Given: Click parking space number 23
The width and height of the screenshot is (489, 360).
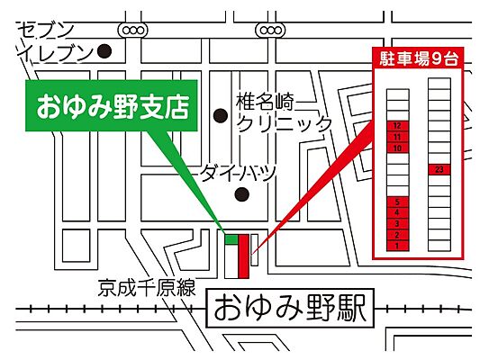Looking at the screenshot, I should pos(439,168).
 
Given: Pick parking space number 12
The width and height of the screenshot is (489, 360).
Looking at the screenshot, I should pos(397,126).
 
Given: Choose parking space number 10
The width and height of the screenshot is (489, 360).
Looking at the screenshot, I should pos(397,147).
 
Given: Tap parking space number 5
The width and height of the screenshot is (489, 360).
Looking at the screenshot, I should pos(397,202).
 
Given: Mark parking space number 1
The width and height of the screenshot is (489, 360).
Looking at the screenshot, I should pos(397,245).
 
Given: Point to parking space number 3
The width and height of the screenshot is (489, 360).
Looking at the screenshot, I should pos(397,223).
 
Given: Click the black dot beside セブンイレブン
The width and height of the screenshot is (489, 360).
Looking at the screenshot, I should pos(104,51).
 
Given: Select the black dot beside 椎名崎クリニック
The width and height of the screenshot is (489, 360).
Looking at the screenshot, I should pos(220,115).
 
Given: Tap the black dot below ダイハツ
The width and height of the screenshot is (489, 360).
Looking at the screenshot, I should pos(240,193).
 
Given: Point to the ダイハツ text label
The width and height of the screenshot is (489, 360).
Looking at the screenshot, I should pos(238,171).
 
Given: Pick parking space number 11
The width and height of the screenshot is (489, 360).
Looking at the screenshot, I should pos(397,137).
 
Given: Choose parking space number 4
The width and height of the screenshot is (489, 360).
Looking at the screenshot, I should pos(397,212).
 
